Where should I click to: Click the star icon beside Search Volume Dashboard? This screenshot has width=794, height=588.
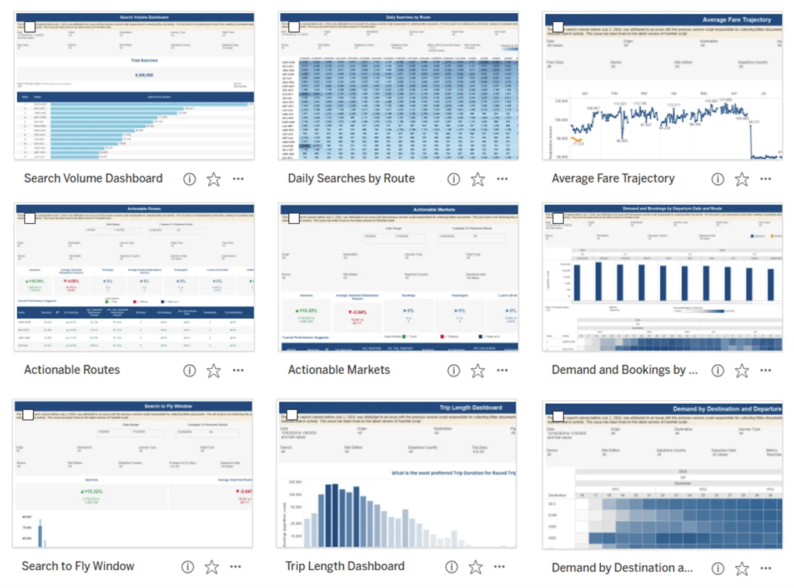coord(214,179)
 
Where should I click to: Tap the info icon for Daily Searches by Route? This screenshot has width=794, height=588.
coord(454,179)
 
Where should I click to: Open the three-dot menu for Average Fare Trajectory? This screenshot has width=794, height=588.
coord(766,179)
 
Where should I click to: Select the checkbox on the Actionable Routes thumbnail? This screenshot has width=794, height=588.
coord(30,218)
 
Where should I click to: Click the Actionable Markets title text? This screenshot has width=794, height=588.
coord(339,370)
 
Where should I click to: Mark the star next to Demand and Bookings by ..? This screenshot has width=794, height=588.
coord(742,370)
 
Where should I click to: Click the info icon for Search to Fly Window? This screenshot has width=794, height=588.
coord(188,567)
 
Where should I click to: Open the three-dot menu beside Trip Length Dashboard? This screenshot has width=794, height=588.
coord(500,567)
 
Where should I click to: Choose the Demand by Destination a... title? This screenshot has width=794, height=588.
coord(622,567)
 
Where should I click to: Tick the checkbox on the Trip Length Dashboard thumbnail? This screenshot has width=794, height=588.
coord(292,415)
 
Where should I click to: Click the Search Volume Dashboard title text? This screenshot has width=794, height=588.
coord(93,178)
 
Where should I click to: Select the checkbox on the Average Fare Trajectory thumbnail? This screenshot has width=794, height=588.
coord(558,27)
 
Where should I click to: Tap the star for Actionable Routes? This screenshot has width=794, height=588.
coord(214,370)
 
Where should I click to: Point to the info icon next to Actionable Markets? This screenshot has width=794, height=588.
coord(454,370)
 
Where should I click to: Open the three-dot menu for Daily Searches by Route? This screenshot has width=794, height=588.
coord(502,179)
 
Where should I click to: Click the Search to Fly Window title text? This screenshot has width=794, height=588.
coord(78,566)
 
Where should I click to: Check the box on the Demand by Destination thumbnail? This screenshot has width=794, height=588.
coord(558,416)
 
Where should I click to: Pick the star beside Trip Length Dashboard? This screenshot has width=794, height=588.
coord(476,567)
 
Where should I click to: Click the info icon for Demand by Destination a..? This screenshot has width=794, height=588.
coord(718,568)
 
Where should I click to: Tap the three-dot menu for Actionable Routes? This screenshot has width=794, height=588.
coord(238,370)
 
